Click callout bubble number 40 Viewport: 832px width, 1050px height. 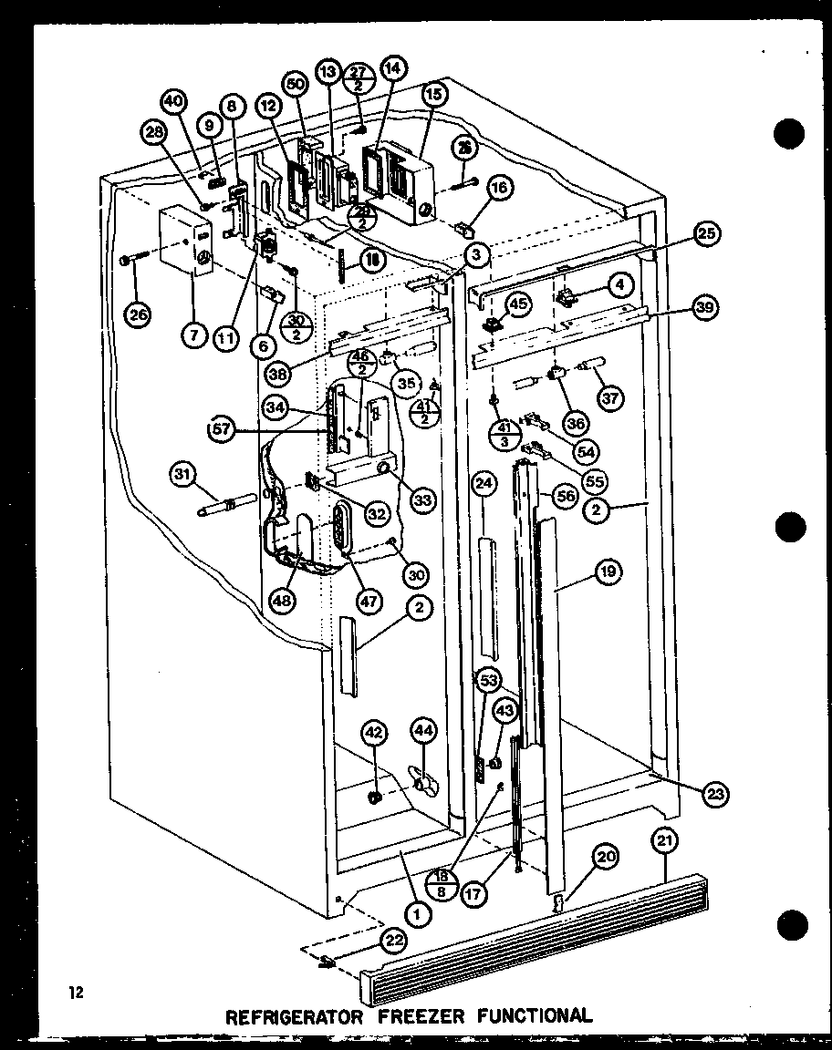click(x=174, y=101)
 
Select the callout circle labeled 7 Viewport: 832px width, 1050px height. click(x=192, y=335)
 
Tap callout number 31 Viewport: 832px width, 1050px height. click(x=182, y=475)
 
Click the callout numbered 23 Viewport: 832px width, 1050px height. click(x=716, y=794)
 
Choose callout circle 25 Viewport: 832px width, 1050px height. click(x=705, y=232)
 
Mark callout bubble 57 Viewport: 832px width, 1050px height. click(x=222, y=429)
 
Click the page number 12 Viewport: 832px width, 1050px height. click(x=75, y=993)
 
